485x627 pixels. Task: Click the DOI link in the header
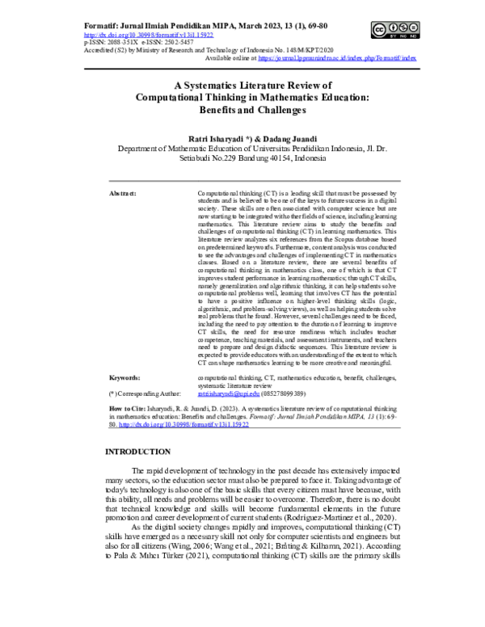149,36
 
